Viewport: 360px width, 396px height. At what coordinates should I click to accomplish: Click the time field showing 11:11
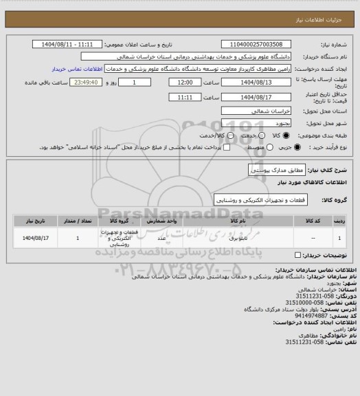point(183,97)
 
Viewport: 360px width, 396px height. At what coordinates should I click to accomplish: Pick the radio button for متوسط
point(240,148)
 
